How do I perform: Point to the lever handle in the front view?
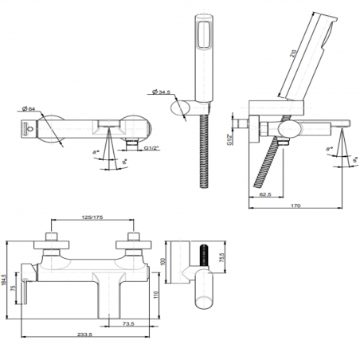[26, 287]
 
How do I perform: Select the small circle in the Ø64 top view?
[29, 125]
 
